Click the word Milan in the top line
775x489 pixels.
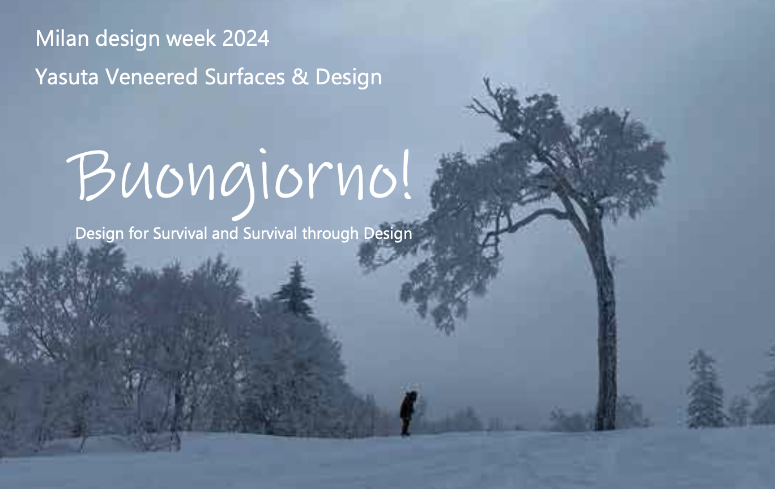62,38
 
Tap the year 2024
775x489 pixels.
246,38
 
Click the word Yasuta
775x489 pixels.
67,77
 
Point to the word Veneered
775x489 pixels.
151,77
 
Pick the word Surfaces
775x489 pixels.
245,77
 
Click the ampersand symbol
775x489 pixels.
300,77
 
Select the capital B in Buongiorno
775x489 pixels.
91,176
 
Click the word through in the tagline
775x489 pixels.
330,234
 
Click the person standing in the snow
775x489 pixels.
407,413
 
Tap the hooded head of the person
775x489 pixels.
412,396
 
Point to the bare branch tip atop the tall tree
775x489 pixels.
486,79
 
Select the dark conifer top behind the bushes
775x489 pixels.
295,289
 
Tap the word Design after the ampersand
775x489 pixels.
348,77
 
